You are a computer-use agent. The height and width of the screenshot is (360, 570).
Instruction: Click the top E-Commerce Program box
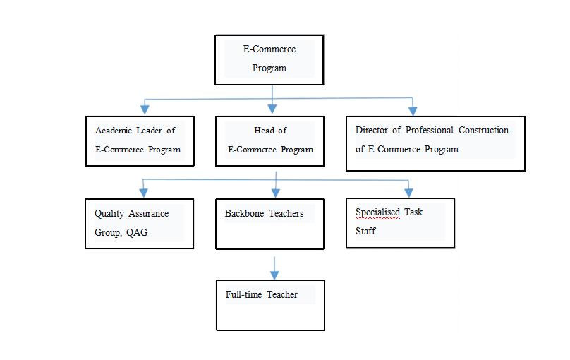[269, 60]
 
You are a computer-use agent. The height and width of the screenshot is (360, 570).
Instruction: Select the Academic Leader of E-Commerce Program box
[140, 141]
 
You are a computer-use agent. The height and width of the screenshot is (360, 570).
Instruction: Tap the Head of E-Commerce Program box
[269, 141]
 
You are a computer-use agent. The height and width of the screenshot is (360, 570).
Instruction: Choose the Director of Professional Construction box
[435, 143]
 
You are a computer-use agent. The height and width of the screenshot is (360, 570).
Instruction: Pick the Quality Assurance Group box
[139, 224]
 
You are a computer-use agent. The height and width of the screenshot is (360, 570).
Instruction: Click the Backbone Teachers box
[269, 224]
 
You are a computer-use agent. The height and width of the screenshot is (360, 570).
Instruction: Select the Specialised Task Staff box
[400, 223]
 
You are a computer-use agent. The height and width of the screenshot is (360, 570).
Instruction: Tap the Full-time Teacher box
[270, 305]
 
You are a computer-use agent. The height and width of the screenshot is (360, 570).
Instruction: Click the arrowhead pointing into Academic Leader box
[145, 110]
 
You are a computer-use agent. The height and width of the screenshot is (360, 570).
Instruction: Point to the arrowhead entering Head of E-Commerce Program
[272, 109]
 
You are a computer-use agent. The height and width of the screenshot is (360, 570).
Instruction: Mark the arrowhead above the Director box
[413, 111]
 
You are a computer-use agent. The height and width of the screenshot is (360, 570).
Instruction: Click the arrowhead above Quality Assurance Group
[144, 193]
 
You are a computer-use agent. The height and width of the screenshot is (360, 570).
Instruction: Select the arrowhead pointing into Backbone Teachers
[276, 193]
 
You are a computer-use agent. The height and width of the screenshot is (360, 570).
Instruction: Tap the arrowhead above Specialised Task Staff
[409, 193]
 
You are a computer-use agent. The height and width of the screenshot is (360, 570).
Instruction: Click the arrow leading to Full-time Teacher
[274, 268]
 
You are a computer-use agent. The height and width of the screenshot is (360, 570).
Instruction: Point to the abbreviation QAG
[137, 232]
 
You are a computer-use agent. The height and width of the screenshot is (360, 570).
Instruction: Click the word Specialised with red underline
[377, 212]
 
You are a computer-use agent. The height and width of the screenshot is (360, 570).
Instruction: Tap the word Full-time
[243, 294]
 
